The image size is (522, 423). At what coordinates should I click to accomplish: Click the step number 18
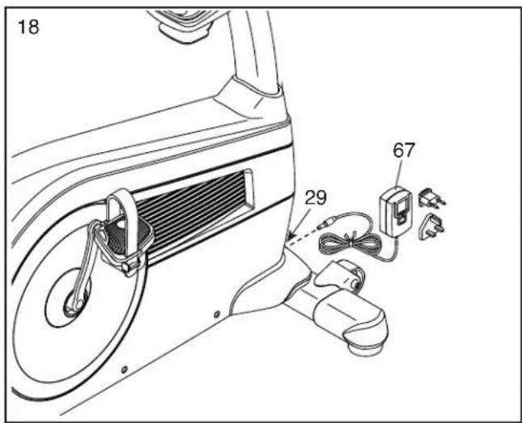28,27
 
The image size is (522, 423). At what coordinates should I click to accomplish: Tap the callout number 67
404,150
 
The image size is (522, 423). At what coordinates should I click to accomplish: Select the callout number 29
316,197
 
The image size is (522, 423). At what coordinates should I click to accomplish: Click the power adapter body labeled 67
396,212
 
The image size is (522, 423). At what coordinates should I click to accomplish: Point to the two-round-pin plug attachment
432,198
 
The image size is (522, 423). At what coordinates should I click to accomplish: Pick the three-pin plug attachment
431,226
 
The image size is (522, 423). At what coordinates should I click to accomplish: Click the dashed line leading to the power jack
303,236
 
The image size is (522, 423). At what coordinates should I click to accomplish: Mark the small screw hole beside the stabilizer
217,314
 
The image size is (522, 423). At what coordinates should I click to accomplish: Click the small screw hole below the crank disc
124,369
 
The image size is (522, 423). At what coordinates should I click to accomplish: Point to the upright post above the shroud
253,50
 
